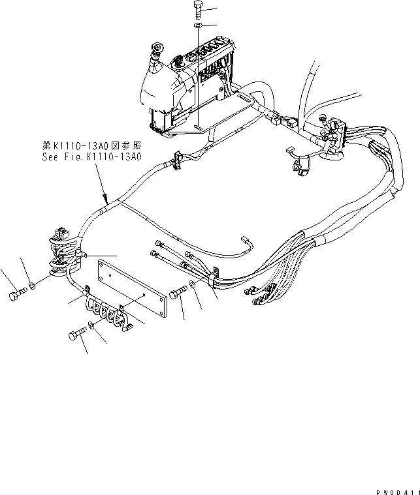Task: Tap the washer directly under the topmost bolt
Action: (199, 26)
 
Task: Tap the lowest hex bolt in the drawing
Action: (75, 337)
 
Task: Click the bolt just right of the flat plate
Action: (178, 295)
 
